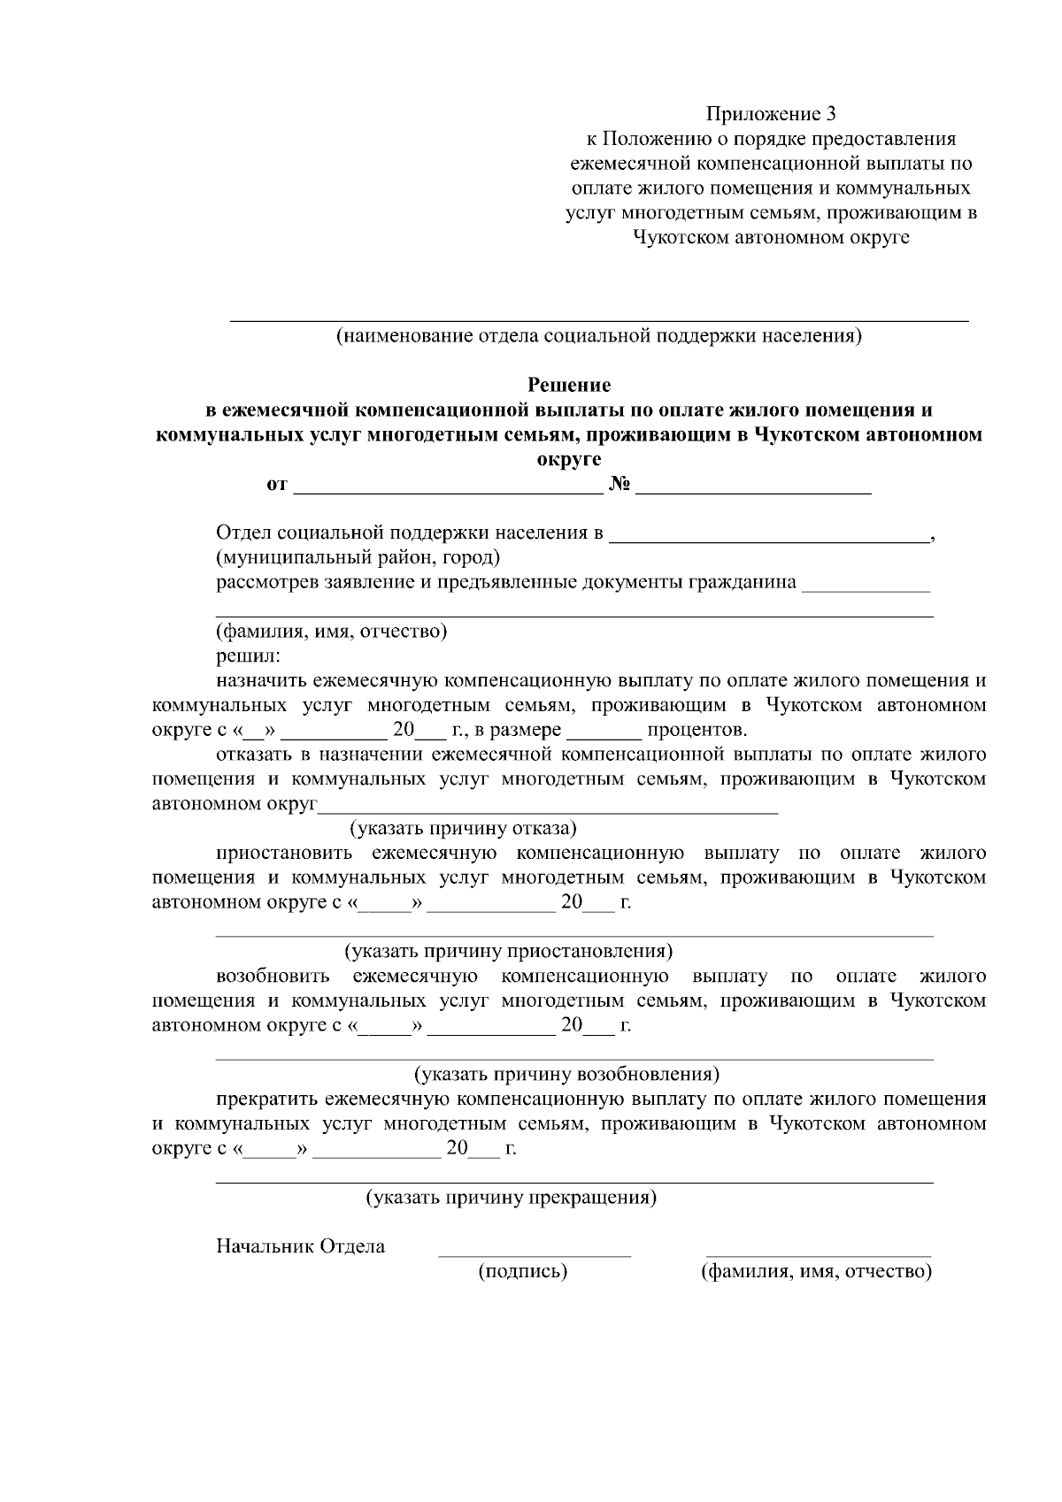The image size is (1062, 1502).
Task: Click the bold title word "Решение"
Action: pyautogui.click(x=569, y=385)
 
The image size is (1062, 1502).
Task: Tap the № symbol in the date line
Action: pyautogui.click(x=618, y=485)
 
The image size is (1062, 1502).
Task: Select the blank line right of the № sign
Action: pyautogui.click(x=753, y=488)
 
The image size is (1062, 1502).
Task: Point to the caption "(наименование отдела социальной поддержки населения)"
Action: pyautogui.click(x=598, y=336)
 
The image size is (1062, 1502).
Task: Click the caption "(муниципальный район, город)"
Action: pyautogui.click(x=358, y=557)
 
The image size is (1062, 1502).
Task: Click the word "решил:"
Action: pyautogui.click(x=248, y=655)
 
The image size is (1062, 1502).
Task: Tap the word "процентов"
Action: pyautogui.click(x=696, y=730)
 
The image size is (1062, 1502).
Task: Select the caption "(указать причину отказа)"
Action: pyautogui.click(x=463, y=828)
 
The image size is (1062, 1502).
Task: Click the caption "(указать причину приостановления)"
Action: pyautogui.click(x=509, y=951)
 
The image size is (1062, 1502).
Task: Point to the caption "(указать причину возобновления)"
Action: pyautogui.click(x=566, y=1074)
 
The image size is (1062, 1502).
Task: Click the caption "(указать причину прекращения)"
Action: pyautogui.click(x=512, y=1198)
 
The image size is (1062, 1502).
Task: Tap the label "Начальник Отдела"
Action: pyautogui.click(x=301, y=1246)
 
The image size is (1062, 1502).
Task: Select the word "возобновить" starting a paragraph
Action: pyautogui.click(x=273, y=977)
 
